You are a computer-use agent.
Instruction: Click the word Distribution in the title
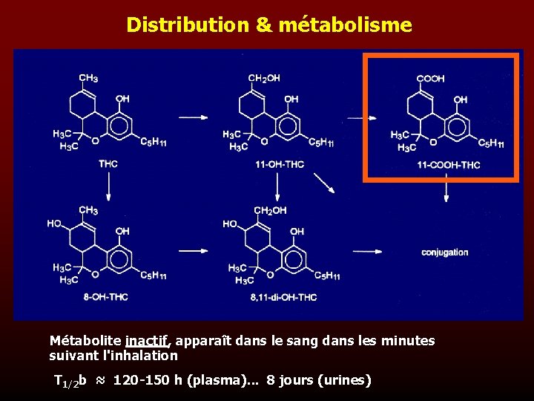188,25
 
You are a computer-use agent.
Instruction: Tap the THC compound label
108,163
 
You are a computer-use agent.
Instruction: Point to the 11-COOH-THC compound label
449,165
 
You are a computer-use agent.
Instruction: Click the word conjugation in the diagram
445,252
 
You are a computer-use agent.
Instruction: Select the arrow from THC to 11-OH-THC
194,117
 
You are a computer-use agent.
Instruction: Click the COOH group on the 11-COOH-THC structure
430,78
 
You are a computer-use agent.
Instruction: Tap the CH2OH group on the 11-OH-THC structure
264,78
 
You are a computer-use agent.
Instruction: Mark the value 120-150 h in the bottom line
143,380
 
